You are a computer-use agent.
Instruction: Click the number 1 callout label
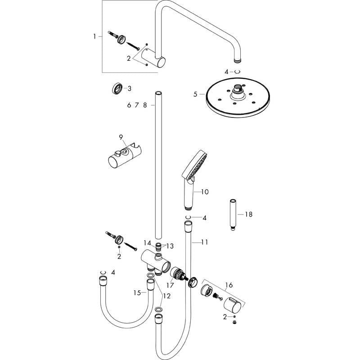[94, 36]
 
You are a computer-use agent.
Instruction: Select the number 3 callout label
[129, 88]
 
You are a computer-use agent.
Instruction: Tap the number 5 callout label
[195, 94]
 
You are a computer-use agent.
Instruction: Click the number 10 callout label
[205, 192]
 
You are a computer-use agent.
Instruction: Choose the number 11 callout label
[205, 242]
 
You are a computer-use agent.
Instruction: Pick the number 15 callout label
[137, 292]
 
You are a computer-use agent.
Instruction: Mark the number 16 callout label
[229, 285]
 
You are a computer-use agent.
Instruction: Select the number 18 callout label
[248, 215]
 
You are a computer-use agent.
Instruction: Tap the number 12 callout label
[167, 296]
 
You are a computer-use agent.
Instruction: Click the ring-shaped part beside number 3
[117, 88]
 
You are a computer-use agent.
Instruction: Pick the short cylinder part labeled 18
[234, 215]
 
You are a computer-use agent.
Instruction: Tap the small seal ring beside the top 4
[237, 72]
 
